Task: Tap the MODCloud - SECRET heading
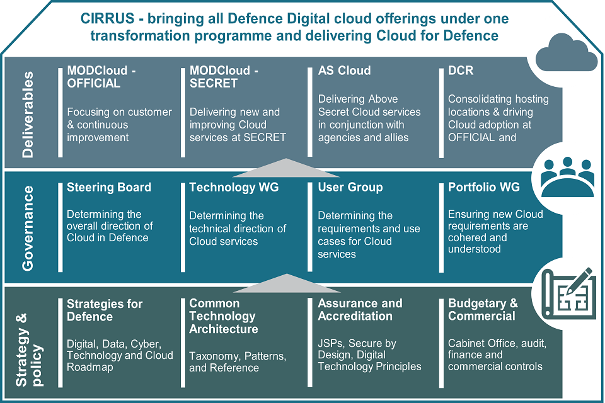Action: (x=224, y=77)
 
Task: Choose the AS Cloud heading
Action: (x=344, y=71)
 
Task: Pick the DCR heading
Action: (x=461, y=71)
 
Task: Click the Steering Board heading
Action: (x=109, y=187)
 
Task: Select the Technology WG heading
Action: (x=234, y=187)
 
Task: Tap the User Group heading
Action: (x=350, y=187)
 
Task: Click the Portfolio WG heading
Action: (x=484, y=187)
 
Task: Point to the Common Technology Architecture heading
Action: (x=224, y=316)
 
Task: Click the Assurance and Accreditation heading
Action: (x=360, y=310)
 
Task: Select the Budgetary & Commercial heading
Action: (x=483, y=310)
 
